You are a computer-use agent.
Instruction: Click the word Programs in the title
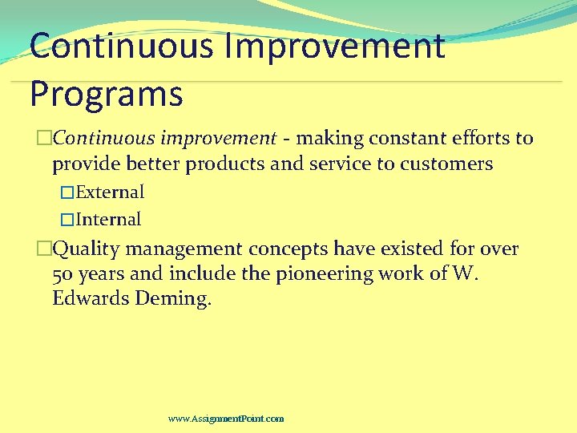106,95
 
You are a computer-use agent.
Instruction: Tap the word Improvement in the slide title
334,46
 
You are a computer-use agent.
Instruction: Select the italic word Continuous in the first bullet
96,138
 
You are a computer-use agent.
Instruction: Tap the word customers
448,164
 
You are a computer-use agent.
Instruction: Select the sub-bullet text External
110,192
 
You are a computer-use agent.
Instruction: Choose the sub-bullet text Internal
108,220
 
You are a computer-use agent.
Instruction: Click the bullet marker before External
67,192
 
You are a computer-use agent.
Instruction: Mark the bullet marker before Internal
67,220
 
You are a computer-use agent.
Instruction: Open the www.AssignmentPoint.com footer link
226,419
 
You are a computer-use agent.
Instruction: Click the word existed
409,249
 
